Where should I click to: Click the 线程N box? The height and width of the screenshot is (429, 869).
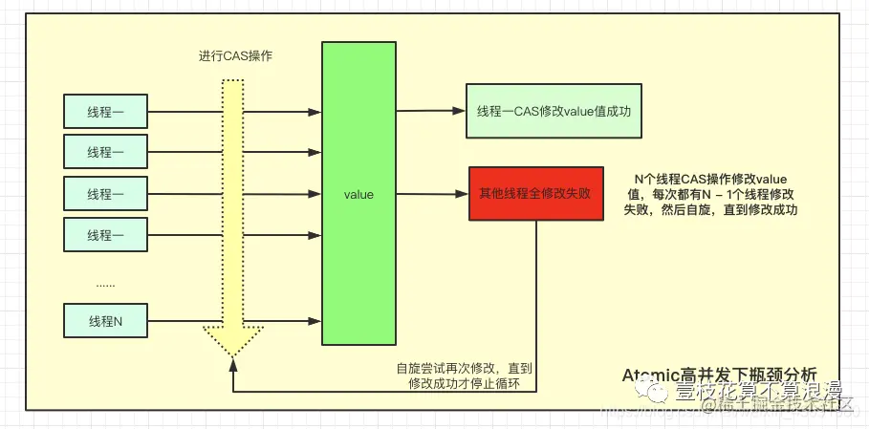click(x=105, y=320)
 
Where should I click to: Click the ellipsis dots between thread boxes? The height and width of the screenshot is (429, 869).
click(x=105, y=284)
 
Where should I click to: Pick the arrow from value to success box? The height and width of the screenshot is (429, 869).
click(x=430, y=111)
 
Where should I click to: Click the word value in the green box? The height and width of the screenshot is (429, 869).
click(x=358, y=195)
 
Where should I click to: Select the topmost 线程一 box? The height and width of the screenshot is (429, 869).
click(x=105, y=111)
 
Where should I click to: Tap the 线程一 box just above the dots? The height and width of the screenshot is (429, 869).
click(x=105, y=234)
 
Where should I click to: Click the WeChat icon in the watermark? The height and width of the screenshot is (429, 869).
click(x=657, y=390)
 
